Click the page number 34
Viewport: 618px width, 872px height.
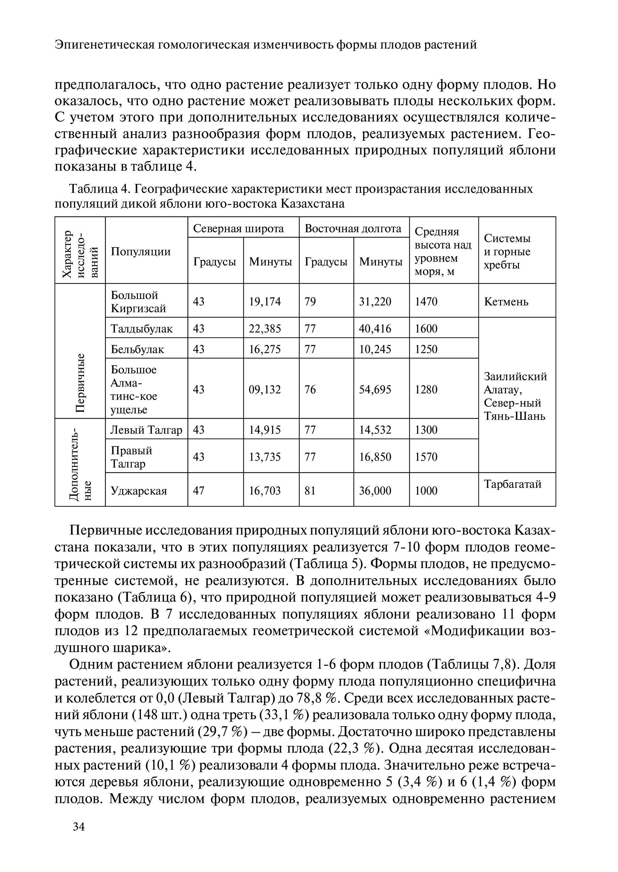pyautogui.click(x=79, y=826)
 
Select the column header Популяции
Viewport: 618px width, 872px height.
pyautogui.click(x=141, y=251)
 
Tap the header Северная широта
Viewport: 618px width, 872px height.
pyautogui.click(x=239, y=229)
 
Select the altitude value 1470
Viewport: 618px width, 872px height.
pyautogui.click(x=426, y=302)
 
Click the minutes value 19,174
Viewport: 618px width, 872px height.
pyautogui.click(x=265, y=302)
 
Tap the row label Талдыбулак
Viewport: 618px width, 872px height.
pyautogui.click(x=142, y=328)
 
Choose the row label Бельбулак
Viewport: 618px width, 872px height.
pyautogui.click(x=137, y=349)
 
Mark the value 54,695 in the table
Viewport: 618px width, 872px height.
pyautogui.click(x=375, y=389)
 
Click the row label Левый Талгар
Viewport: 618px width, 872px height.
pyautogui.click(x=146, y=430)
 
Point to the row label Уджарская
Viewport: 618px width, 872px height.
pyautogui.click(x=139, y=491)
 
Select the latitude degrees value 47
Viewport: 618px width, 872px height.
pyautogui.click(x=199, y=491)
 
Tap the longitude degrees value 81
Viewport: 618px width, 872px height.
pyautogui.click(x=310, y=491)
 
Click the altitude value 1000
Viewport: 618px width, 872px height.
pyautogui.click(x=426, y=491)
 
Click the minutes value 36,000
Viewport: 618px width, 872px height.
pyautogui.click(x=375, y=491)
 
